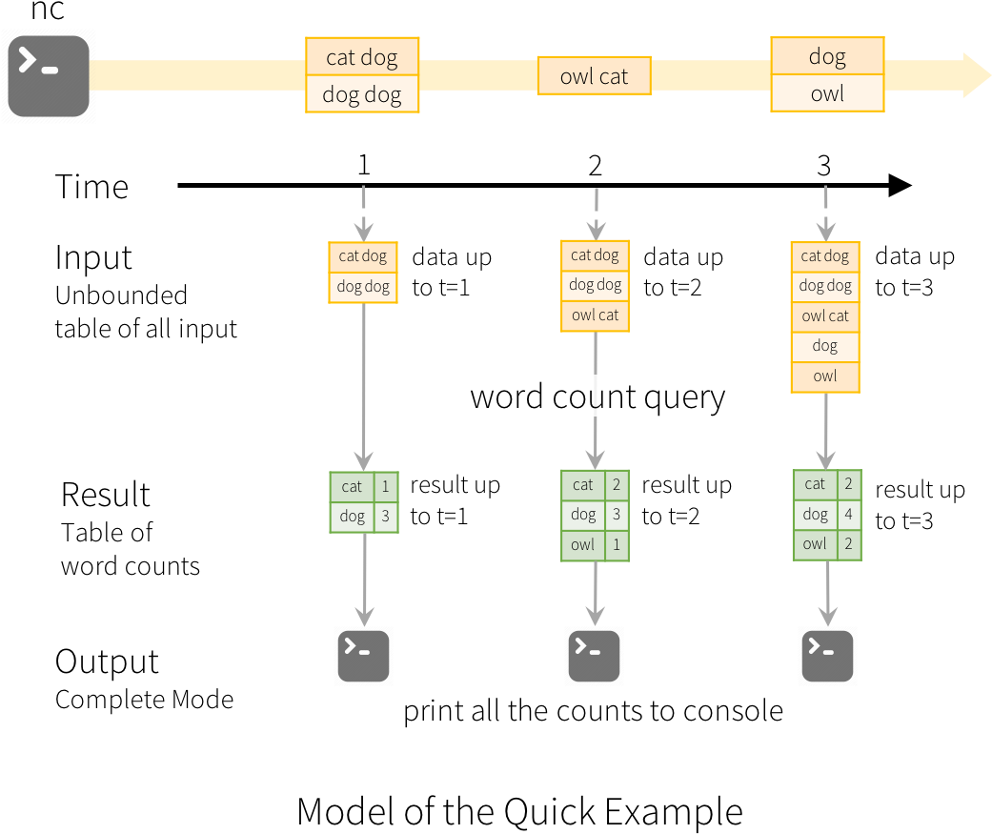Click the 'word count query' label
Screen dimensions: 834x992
598,397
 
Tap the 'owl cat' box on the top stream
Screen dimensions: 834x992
594,76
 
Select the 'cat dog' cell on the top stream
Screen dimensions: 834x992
362,57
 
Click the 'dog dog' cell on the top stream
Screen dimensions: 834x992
362,94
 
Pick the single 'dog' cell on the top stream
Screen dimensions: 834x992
827,56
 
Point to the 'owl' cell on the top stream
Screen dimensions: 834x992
827,93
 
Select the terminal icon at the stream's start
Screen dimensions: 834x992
49,75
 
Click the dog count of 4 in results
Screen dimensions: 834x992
848,515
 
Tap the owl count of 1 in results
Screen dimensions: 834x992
617,545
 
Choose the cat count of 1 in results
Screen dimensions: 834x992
385,487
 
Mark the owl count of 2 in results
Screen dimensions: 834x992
848,544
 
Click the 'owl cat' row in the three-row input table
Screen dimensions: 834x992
595,315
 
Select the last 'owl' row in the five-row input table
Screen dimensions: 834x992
825,376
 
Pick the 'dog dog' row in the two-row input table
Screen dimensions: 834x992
363,287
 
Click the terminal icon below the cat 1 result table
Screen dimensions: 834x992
363,657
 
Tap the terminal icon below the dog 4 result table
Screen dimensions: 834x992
827,657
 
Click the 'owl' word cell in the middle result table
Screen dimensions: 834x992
582,545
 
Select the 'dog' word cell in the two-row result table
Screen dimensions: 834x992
352,517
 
